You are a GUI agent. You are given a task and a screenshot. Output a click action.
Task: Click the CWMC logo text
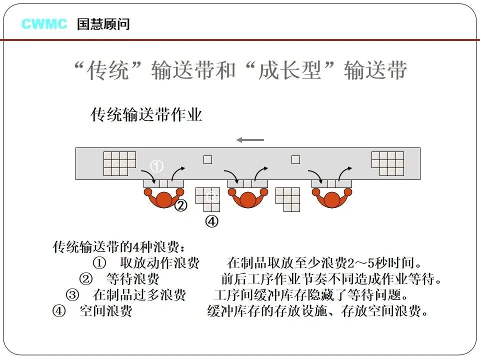click(44, 23)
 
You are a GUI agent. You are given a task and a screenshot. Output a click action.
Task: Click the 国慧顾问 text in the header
click(103, 24)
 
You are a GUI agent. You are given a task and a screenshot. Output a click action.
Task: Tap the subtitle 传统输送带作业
click(146, 115)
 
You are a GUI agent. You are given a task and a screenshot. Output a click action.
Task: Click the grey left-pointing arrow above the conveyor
click(249, 139)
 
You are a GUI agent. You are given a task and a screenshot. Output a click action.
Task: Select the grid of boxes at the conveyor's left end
click(119, 163)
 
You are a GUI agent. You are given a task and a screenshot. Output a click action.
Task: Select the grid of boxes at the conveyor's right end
click(387, 163)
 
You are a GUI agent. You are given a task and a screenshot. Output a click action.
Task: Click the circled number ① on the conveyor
click(157, 166)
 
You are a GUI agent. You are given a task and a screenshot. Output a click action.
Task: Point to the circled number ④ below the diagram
click(212, 221)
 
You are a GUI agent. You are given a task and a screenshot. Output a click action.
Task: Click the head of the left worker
click(163, 200)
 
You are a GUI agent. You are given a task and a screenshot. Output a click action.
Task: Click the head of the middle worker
click(247, 200)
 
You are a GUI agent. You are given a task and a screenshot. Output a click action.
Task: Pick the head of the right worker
click(331, 200)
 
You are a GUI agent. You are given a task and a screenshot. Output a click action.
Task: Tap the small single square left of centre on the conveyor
click(207, 160)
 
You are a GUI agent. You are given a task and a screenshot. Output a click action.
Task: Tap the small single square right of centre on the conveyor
click(295, 160)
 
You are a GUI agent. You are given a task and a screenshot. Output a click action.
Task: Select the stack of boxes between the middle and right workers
click(288, 199)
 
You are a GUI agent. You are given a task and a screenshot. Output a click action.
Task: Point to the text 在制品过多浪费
click(139, 295)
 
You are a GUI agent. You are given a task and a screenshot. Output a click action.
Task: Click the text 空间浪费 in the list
click(105, 311)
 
